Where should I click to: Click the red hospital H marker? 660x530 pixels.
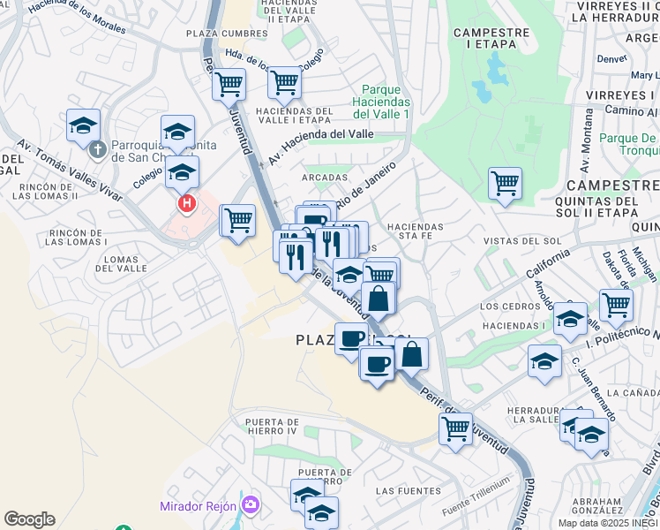coord(187,204)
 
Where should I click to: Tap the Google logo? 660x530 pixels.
coord(29,519)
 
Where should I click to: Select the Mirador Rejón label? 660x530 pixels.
coord(198,506)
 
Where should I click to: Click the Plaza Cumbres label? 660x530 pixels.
coord(226,34)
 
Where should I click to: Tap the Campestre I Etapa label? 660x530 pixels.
coord(491,38)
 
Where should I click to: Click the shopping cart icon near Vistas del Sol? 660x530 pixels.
coord(505,184)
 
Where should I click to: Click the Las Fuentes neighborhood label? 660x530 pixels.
coord(408,490)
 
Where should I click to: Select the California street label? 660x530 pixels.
coord(548,262)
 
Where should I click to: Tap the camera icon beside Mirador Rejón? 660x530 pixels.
coord(251,505)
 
